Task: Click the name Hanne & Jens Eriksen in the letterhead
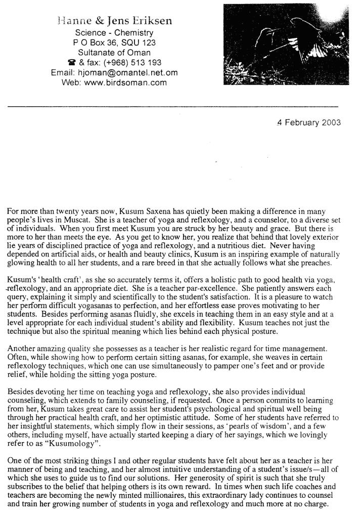(114, 21)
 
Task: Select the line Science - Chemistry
(114, 33)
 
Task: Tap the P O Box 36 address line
(114, 42)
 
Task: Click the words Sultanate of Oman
(114, 52)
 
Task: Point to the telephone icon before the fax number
(71, 62)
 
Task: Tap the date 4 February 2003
(308, 122)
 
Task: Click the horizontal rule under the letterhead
(172, 106)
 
